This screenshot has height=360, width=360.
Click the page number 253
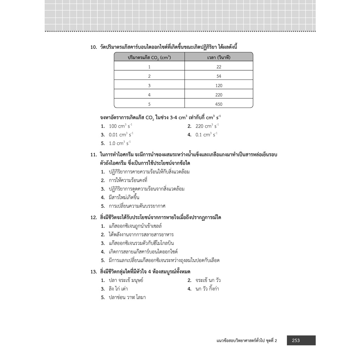coord(296,340)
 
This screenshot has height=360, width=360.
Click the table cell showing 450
coord(219,104)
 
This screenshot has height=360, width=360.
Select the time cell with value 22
coord(219,67)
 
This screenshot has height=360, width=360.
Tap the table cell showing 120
coord(219,85)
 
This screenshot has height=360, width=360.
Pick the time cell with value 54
coord(219,76)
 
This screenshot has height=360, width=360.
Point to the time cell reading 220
coord(219,95)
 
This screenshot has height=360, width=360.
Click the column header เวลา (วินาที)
coord(219,57)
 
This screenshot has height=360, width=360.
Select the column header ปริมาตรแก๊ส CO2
coord(149,57)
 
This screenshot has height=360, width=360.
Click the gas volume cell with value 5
coord(149,104)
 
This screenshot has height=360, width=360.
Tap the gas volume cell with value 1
coord(149,67)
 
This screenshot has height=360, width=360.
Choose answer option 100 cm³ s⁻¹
coord(121,126)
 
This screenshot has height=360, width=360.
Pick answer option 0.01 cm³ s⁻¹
coord(121,135)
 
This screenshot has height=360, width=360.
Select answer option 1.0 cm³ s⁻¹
coord(120,143)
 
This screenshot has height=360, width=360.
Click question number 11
coord(94,155)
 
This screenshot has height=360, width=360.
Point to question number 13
coord(94,271)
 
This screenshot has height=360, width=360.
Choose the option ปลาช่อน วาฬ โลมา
coord(127,297)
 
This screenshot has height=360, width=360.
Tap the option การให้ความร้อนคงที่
coord(128,180)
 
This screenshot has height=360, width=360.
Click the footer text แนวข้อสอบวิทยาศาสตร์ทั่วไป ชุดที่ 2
coord(247,340)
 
